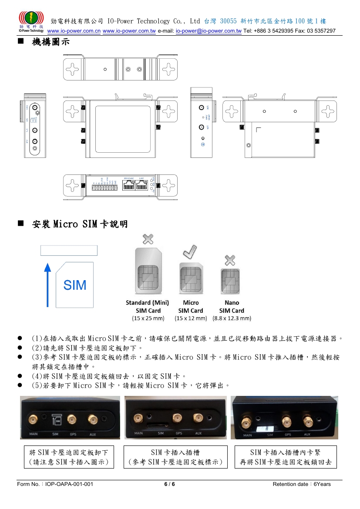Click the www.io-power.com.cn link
74,31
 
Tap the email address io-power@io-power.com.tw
209,31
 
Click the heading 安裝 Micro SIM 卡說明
80,224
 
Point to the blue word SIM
75,285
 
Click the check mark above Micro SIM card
189,252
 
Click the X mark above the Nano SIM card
230,261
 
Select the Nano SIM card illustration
231,281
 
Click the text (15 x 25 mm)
148,318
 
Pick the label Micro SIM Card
191,307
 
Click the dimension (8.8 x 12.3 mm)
232,318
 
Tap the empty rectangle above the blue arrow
69,250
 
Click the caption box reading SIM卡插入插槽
175,457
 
